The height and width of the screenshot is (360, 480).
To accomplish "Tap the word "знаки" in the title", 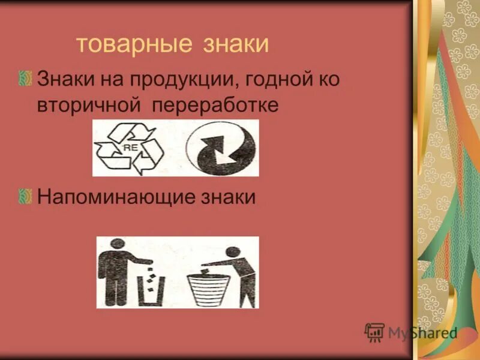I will pos(232,46).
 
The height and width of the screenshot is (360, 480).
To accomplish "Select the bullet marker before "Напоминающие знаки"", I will pos(26,196).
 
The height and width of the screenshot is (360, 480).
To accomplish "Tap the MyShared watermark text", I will pos(422,332).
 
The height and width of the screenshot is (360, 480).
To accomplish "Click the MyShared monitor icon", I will pos(374,332).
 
